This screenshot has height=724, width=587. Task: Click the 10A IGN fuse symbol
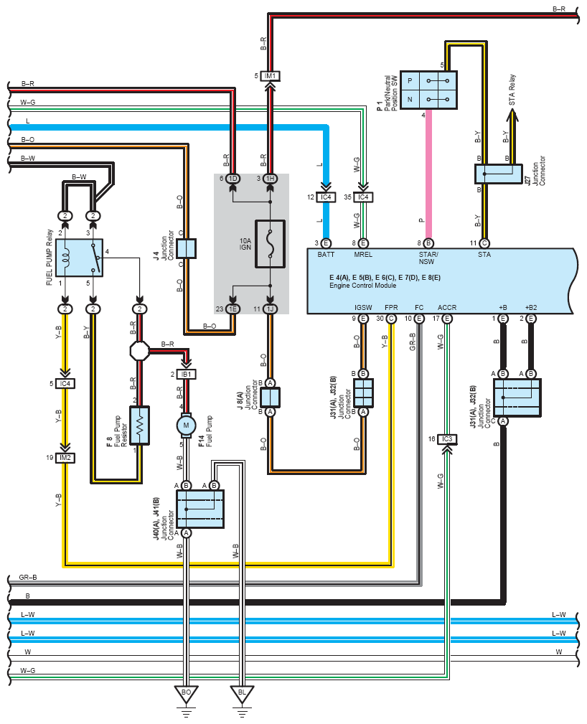coord(270,244)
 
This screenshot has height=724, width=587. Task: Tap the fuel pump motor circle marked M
coord(186,426)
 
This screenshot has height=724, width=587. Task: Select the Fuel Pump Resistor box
coord(140,426)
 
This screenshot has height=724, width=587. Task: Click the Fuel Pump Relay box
coord(79,258)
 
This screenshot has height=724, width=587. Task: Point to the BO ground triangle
coord(186,693)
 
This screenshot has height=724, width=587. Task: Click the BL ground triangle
coord(242,693)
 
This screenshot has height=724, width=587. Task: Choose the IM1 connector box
coord(270,76)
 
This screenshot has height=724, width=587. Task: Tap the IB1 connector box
coord(186,374)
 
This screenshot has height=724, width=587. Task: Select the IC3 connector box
coord(447,439)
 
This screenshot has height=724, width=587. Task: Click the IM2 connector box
coord(65,458)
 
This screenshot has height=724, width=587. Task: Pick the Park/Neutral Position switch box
coord(428,90)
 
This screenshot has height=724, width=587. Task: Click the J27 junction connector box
coord(499,174)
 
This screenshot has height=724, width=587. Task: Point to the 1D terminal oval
coord(233,178)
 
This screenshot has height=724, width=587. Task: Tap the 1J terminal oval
coord(270,309)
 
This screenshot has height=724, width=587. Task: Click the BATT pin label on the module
coord(326,255)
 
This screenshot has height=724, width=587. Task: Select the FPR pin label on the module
coord(391,308)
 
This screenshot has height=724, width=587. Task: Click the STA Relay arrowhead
coord(512,115)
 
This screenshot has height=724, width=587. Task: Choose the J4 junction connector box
coord(186,248)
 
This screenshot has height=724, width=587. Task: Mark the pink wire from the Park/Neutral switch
coord(428,174)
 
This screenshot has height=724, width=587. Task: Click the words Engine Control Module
coord(362,286)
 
